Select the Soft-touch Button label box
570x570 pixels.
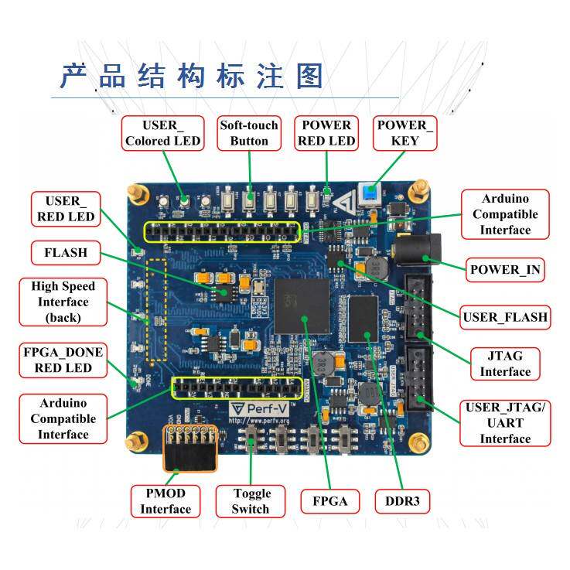(x=249, y=133)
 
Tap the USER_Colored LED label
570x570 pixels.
(x=163, y=133)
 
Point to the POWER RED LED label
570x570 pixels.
(x=326, y=133)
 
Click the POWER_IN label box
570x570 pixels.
(x=506, y=269)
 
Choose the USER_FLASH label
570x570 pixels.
(x=505, y=316)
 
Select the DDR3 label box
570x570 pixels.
(x=402, y=501)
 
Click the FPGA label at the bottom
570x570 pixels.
(x=329, y=501)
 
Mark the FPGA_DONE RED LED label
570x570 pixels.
(x=63, y=360)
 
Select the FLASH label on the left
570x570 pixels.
(x=66, y=253)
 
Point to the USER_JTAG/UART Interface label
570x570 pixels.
(x=505, y=423)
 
